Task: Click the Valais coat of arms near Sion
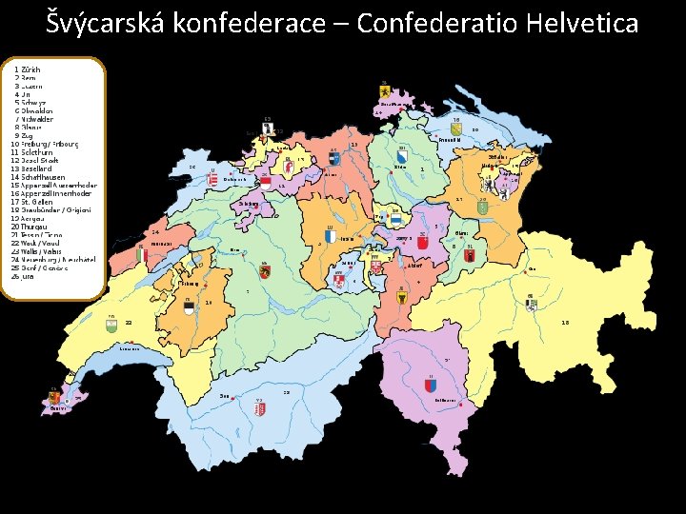pyautogui.click(x=259, y=408)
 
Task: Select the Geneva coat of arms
pyautogui.click(x=54, y=397)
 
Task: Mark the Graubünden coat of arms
pyautogui.click(x=531, y=303)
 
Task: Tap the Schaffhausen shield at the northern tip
pyautogui.click(x=384, y=89)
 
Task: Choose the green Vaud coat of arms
pyautogui.click(x=112, y=325)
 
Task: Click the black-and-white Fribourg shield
pyautogui.click(x=189, y=305)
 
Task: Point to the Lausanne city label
pyautogui.click(x=132, y=349)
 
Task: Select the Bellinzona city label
pyautogui.click(x=446, y=401)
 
